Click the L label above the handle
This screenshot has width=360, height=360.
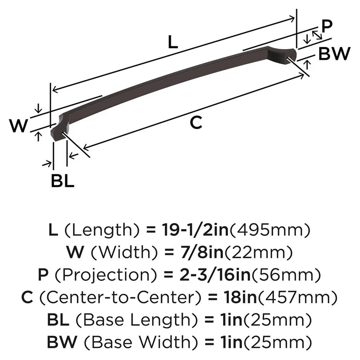[173, 43]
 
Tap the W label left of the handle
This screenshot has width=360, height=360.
[18, 126]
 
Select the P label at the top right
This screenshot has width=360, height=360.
[327, 27]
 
